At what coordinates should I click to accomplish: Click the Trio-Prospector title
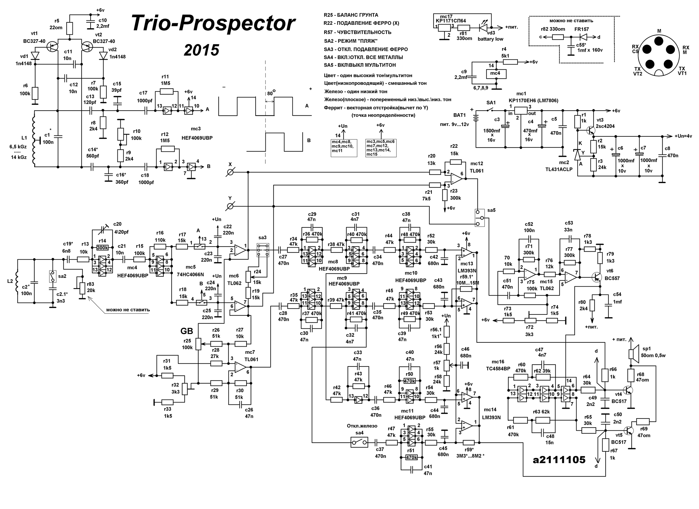(213, 23)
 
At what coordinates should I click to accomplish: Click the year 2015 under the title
(201, 50)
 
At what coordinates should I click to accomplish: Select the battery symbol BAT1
(477, 119)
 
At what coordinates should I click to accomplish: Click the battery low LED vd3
(483, 27)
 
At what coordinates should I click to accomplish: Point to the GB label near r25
(186, 331)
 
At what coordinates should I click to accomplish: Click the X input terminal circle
(230, 172)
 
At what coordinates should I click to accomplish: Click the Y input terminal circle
(230, 206)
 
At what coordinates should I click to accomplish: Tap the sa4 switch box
(359, 442)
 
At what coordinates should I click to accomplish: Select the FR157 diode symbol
(584, 37)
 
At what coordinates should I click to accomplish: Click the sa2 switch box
(52, 276)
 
